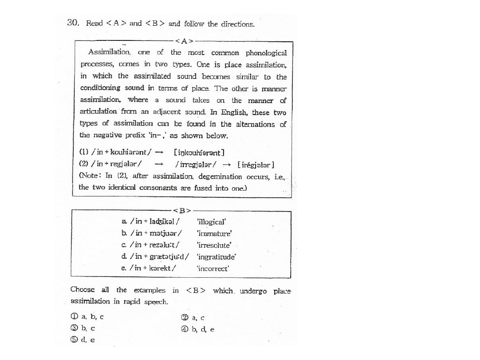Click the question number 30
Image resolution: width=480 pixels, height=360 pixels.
72,23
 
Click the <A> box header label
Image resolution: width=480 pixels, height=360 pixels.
184,41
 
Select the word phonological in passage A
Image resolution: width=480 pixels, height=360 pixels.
266,53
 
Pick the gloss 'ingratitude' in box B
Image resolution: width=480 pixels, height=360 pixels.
217,257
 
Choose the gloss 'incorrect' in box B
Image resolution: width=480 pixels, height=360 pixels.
213,269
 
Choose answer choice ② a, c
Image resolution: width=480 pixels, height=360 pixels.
193,317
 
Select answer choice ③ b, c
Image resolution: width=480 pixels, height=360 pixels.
83,329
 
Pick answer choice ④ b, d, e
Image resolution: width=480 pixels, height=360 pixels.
198,329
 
